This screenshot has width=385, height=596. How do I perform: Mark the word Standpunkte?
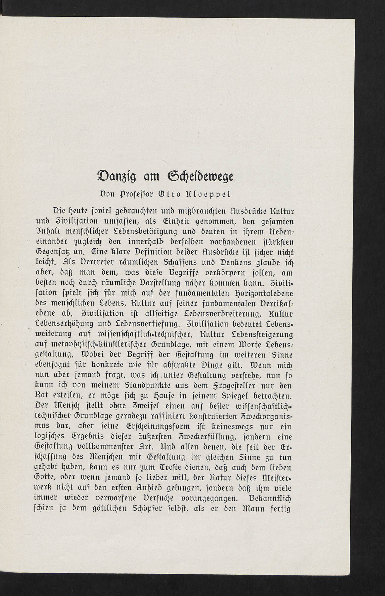[147, 386]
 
